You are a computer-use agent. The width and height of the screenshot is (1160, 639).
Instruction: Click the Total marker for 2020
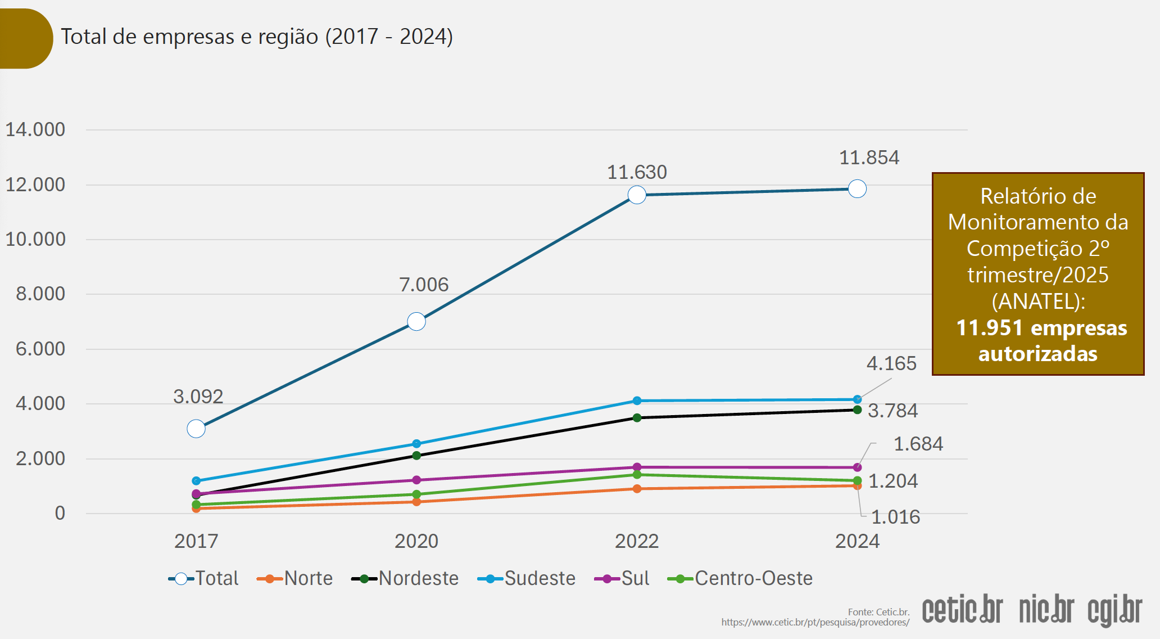(416, 322)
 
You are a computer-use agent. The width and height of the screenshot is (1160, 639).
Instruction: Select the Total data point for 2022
(637, 195)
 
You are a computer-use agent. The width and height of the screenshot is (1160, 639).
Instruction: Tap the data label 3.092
(198, 397)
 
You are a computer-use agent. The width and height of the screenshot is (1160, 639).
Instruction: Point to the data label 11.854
(869, 157)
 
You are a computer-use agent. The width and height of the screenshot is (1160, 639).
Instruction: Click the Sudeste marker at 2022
(637, 401)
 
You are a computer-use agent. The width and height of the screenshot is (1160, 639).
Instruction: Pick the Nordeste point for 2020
(416, 456)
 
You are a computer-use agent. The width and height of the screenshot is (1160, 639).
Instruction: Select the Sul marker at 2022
(637, 467)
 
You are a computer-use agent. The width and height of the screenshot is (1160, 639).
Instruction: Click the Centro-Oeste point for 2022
(637, 475)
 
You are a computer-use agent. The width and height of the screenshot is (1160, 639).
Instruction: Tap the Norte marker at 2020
(416, 502)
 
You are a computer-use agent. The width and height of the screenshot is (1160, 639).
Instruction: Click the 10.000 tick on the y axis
(35, 239)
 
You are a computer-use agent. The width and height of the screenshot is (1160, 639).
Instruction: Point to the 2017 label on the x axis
(196, 541)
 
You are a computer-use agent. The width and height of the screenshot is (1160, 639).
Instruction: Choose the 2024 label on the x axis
(857, 541)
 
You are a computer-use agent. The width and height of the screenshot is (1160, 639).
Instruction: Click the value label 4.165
(891, 363)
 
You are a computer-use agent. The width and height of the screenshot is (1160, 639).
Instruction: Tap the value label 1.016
(895, 517)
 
